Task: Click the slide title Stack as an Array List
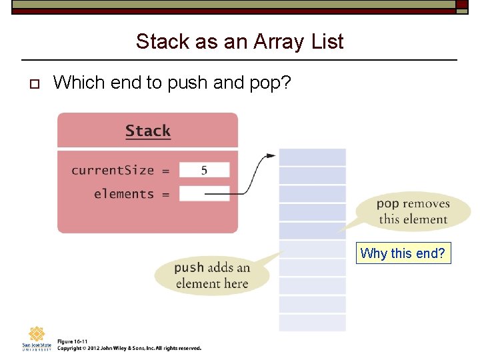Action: [239, 41]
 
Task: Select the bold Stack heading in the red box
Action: [147, 131]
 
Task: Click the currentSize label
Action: [113, 170]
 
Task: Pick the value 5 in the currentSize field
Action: [204, 170]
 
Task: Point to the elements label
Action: [124, 194]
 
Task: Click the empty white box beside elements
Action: [204, 194]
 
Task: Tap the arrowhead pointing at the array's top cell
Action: [270, 156]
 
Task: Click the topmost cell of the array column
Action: [312, 157]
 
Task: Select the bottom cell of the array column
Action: [312, 323]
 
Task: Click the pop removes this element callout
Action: [413, 211]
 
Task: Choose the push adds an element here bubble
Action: [212, 275]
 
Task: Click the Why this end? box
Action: [403, 253]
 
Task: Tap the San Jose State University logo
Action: [37, 338]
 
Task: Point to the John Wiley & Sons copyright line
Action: [129, 348]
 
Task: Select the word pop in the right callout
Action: [387, 204]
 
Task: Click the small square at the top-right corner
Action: [462, 4]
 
